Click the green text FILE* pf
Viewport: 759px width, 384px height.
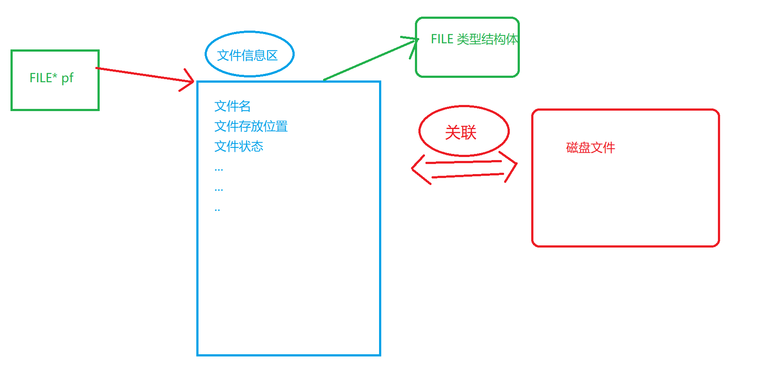coord(51,78)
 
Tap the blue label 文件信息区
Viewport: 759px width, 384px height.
coord(247,56)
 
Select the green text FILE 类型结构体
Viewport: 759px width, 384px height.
coord(474,39)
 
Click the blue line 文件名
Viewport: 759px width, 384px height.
coord(232,106)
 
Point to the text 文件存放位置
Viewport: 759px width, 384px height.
coord(251,126)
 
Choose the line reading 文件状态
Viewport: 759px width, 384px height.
coord(239,146)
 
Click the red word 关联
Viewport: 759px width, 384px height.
coord(460,132)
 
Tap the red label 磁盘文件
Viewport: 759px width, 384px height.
coord(590,147)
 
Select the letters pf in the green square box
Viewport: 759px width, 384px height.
coord(67,78)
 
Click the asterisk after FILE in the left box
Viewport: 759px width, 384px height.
coord(55,75)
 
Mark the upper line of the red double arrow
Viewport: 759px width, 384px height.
coord(463,162)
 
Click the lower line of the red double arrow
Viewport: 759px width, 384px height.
coord(468,175)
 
